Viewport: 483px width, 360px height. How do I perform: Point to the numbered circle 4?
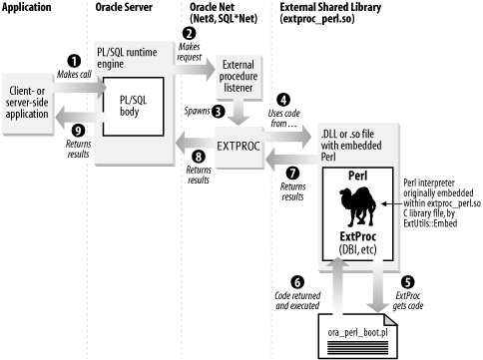[283, 100]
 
